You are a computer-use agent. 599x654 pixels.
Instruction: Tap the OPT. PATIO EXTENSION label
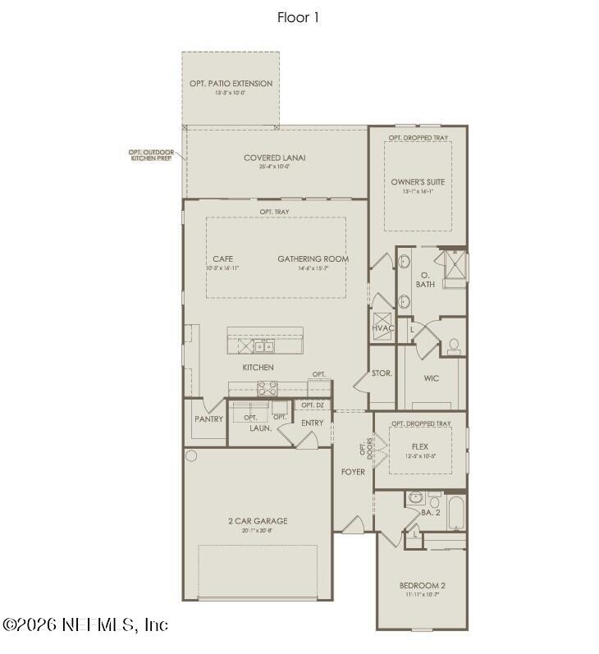pyautogui.click(x=231, y=84)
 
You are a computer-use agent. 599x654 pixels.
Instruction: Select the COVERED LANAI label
pyautogui.click(x=275, y=158)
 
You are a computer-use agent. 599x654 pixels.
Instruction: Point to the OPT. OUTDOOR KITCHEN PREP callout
pyautogui.click(x=152, y=154)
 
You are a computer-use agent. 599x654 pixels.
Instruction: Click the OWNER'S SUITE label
pyautogui.click(x=417, y=181)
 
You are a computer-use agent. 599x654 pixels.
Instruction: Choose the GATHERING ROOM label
pyautogui.click(x=313, y=259)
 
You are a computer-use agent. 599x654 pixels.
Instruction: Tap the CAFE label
pyautogui.click(x=222, y=259)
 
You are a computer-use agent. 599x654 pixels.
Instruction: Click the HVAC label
pyautogui.click(x=383, y=328)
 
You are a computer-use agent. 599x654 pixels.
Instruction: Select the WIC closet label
pyautogui.click(x=432, y=378)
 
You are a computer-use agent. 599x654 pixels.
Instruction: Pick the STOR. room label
pyautogui.click(x=382, y=373)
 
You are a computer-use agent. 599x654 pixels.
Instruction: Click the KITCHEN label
pyautogui.click(x=258, y=367)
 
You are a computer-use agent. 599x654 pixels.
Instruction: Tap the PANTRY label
pyautogui.click(x=208, y=419)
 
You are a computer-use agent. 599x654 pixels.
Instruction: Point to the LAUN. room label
pyautogui.click(x=262, y=428)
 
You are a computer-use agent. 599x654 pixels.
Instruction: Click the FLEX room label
pyautogui.click(x=420, y=447)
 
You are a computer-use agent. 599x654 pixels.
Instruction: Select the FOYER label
pyautogui.click(x=354, y=472)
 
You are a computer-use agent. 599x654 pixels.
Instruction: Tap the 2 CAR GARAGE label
pyautogui.click(x=258, y=521)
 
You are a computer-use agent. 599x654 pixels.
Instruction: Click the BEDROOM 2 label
pyautogui.click(x=422, y=585)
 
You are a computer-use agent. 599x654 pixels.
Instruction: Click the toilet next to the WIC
pyautogui.click(x=453, y=345)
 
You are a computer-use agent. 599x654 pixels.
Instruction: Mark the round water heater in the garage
pyautogui.click(x=191, y=455)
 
